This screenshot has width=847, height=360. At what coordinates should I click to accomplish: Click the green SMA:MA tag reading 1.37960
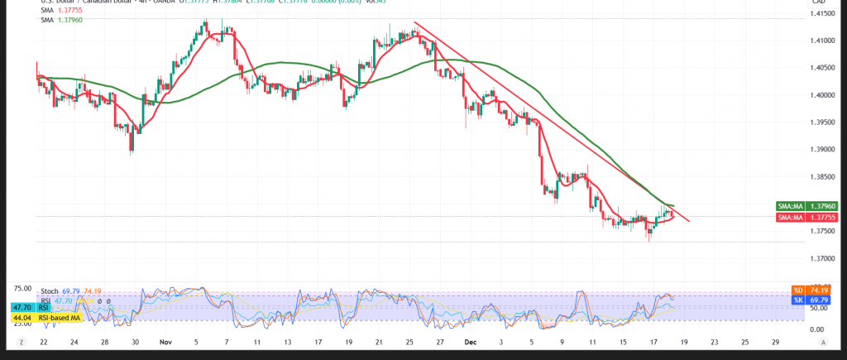click(808, 205)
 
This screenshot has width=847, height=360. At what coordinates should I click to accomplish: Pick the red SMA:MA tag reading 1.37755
click(808, 217)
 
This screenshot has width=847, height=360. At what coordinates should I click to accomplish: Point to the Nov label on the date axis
click(165, 341)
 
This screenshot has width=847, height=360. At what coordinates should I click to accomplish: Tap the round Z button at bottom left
click(22, 341)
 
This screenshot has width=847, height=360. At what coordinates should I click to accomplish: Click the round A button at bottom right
click(823, 341)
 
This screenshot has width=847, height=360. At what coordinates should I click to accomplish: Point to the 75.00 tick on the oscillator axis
click(22, 289)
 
